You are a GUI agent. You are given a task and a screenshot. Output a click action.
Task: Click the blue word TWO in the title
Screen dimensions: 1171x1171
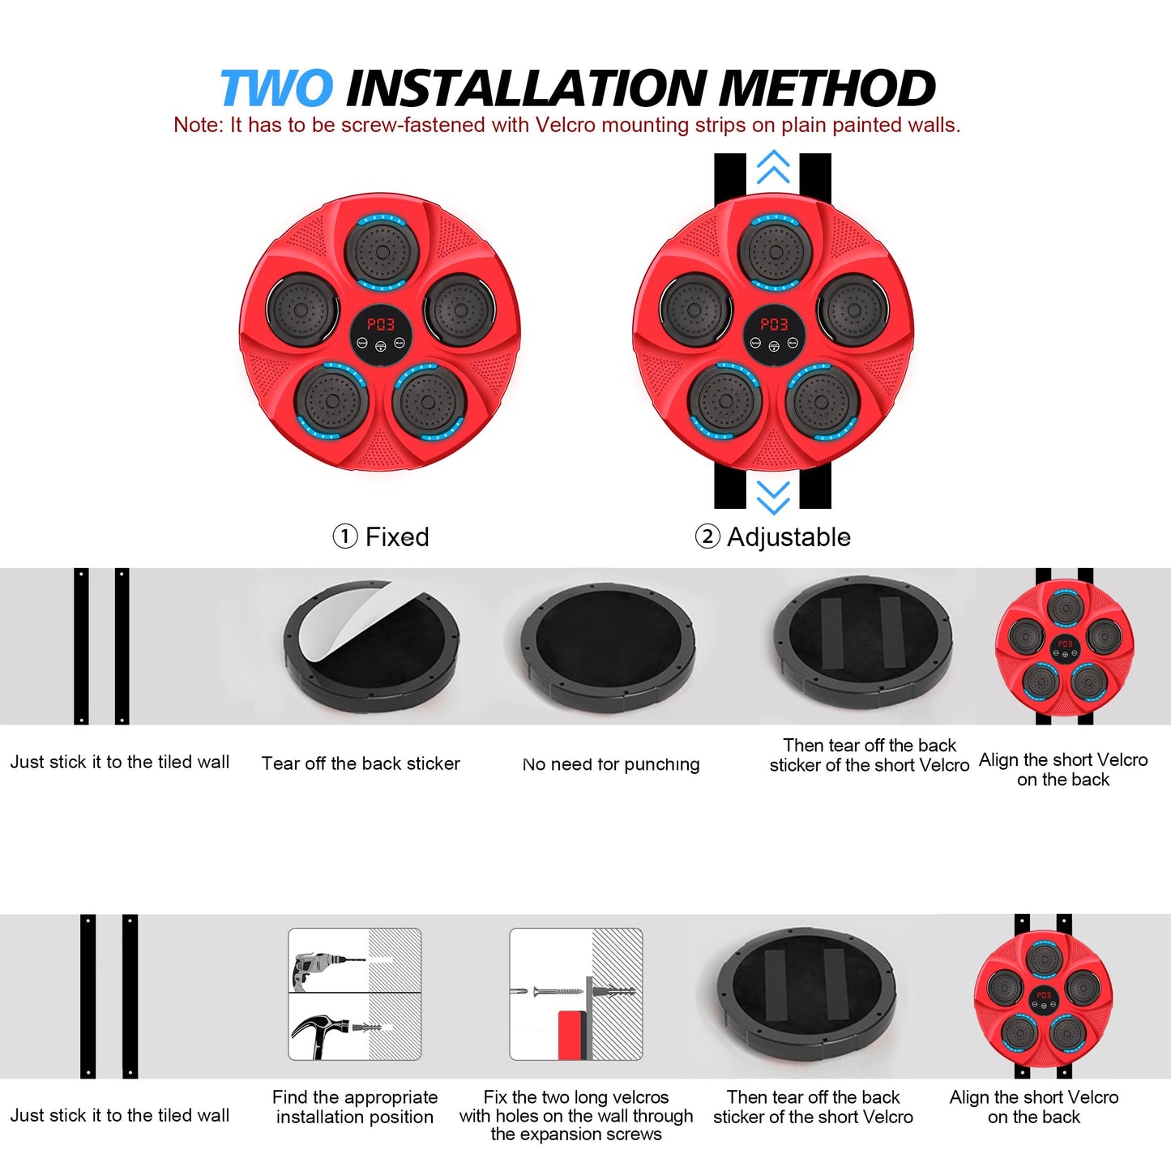point(276,88)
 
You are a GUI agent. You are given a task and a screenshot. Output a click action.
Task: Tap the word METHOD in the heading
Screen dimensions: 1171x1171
point(827,88)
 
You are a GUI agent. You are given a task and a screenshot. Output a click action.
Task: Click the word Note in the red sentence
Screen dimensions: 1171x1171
point(197,125)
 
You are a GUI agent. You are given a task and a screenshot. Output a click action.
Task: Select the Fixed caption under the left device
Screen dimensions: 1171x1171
point(397,536)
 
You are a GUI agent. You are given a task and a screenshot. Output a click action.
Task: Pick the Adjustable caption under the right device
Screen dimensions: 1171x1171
point(789,536)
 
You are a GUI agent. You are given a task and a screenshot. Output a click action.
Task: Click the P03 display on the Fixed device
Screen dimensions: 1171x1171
point(380,324)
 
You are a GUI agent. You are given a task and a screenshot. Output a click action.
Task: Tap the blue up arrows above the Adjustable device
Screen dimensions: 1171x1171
point(773,166)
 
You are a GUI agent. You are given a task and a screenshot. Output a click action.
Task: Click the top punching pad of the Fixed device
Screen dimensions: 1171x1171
point(382,251)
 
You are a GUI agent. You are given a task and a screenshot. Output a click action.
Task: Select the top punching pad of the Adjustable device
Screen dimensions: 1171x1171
point(776,251)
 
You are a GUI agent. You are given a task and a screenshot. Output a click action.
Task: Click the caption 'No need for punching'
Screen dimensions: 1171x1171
point(611,764)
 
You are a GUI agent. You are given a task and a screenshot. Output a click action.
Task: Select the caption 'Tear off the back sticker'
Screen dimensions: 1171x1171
point(361,763)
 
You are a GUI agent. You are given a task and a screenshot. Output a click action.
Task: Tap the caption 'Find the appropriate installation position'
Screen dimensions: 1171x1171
point(355,1107)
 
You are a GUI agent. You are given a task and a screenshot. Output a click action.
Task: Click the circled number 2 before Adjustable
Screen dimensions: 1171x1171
point(707,537)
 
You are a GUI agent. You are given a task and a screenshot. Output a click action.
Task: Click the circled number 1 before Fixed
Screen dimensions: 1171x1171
point(345,537)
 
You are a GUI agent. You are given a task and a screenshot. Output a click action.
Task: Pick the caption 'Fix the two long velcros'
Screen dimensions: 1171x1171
point(576,1097)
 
